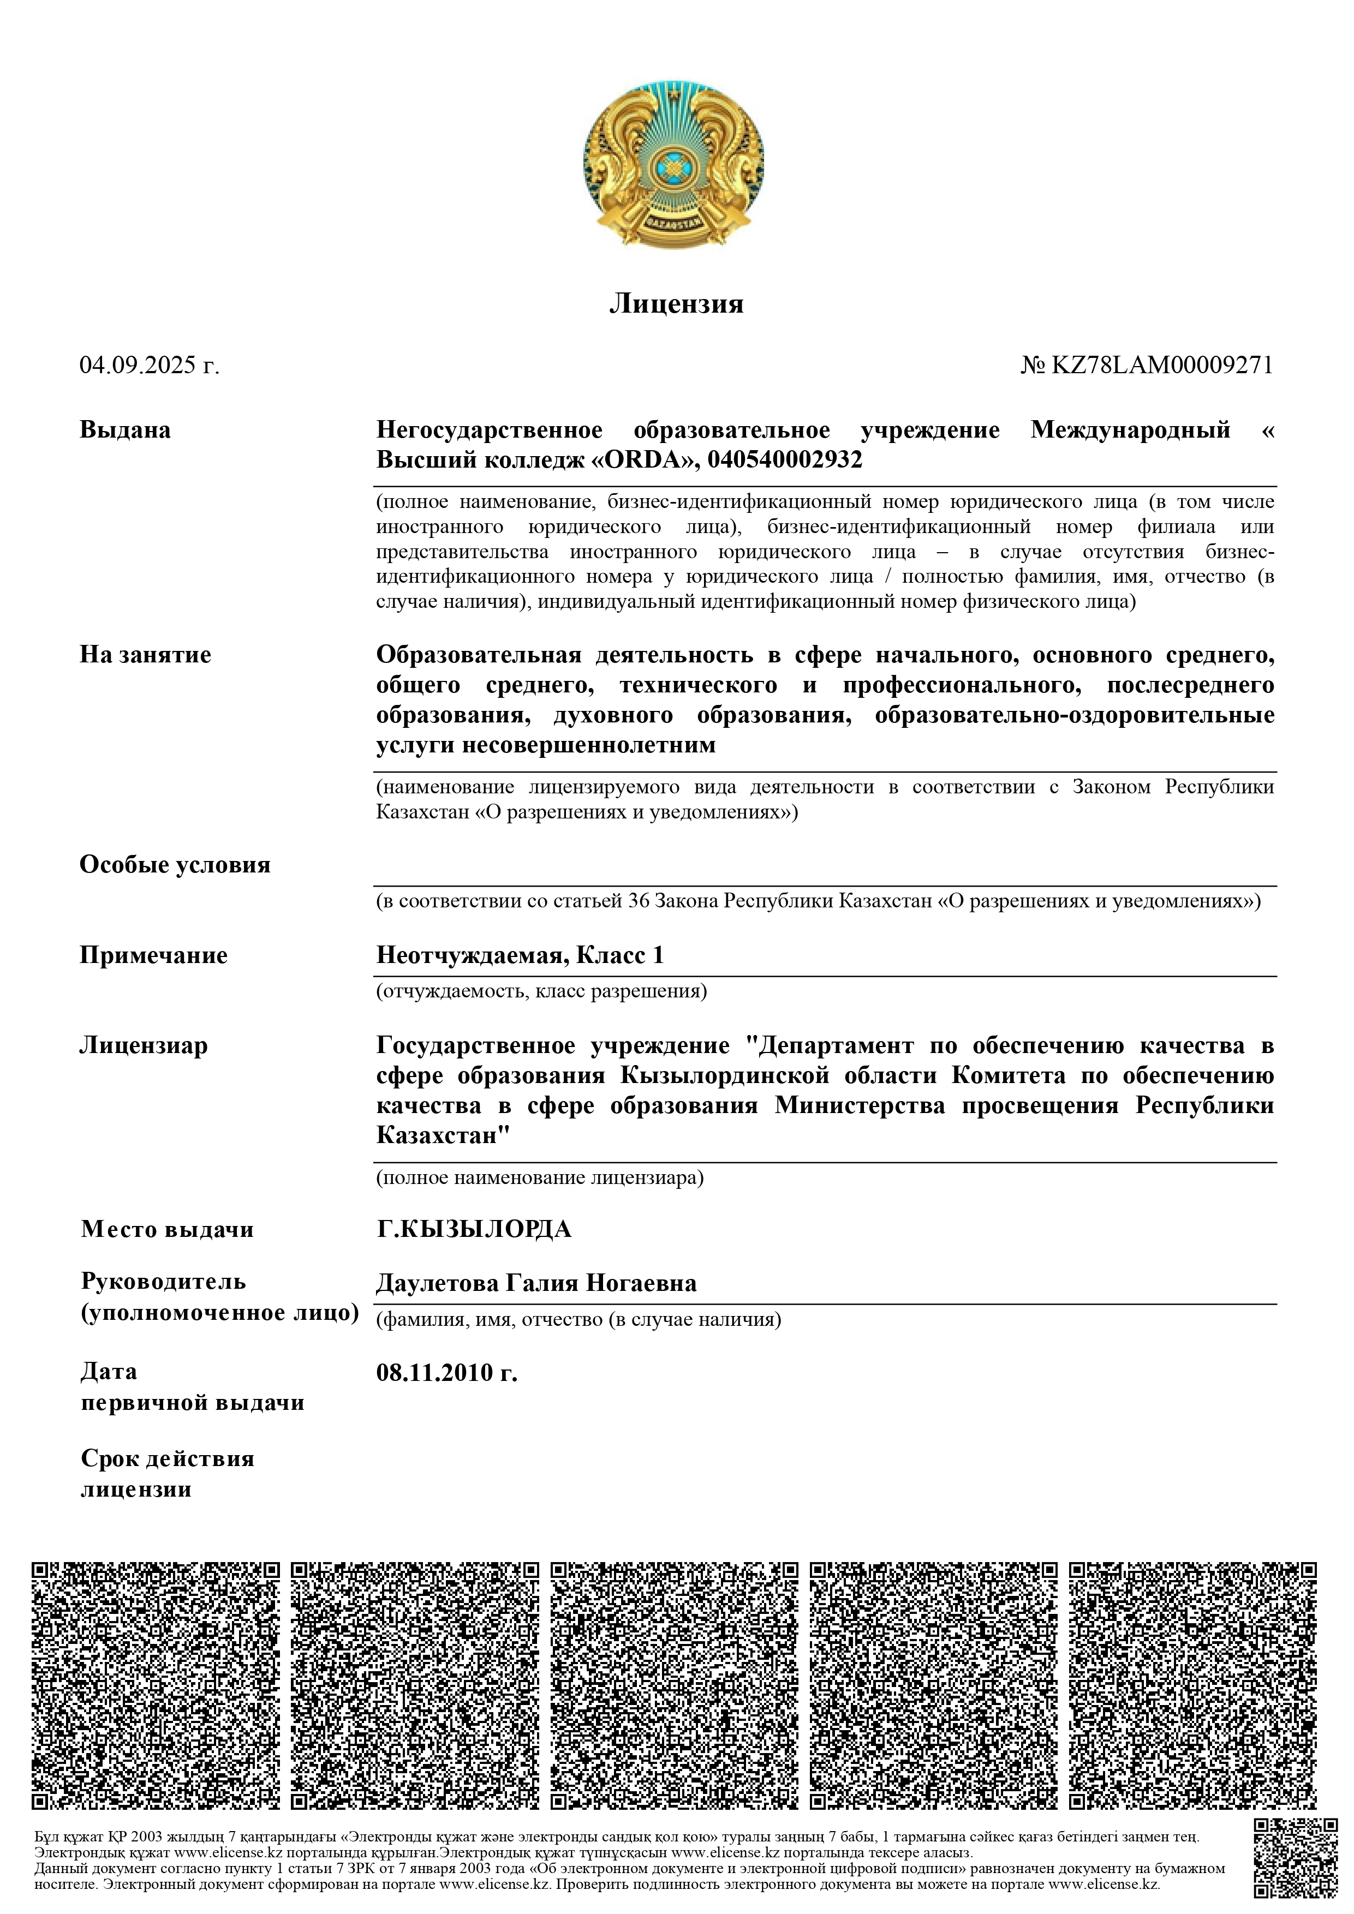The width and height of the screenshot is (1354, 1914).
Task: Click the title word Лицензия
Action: (x=676, y=303)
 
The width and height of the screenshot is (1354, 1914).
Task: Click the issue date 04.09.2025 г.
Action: (x=149, y=365)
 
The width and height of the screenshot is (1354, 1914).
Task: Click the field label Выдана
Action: (x=125, y=430)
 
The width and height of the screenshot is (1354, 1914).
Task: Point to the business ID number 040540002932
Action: (x=785, y=460)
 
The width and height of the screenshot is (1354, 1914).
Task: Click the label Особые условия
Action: (x=175, y=864)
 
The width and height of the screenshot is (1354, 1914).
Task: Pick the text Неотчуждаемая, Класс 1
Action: (x=520, y=955)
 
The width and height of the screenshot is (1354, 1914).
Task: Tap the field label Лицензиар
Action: (x=144, y=1045)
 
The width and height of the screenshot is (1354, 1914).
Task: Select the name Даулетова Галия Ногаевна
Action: (x=536, y=1283)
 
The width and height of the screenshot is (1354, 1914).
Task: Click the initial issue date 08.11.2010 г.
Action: (x=447, y=1373)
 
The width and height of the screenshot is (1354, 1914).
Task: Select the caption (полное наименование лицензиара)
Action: (x=539, y=1178)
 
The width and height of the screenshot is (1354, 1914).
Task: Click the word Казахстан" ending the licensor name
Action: (x=443, y=1135)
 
